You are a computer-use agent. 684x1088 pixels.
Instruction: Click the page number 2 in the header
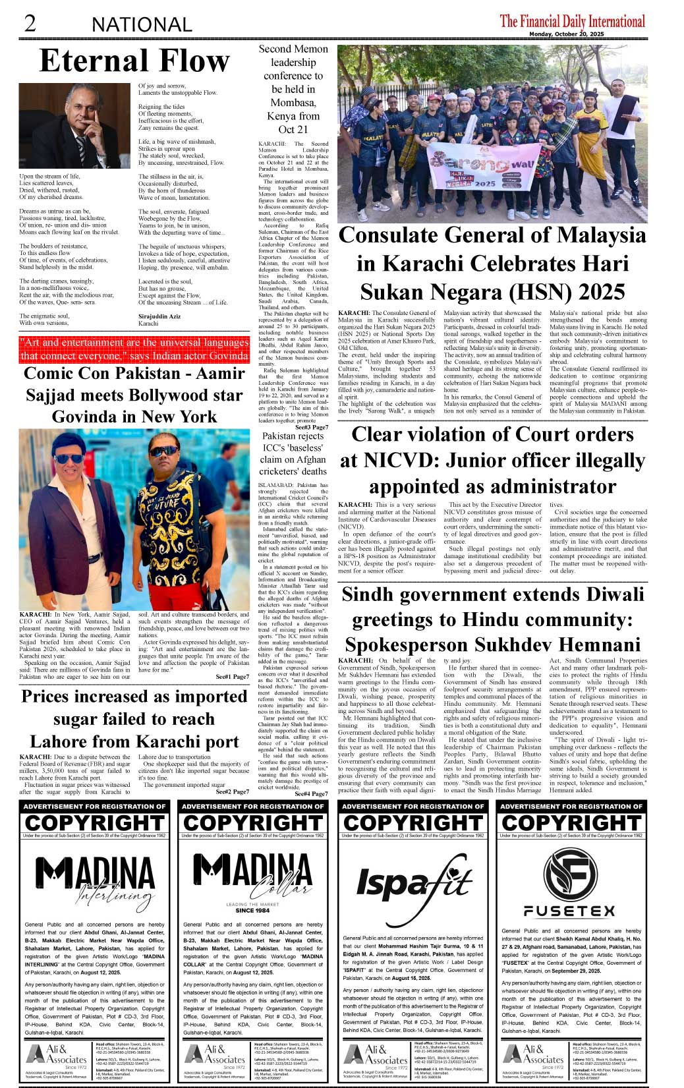click(x=30, y=23)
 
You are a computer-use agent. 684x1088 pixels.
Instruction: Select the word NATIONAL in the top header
click(x=142, y=25)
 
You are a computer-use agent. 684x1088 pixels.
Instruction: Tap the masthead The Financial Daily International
click(x=572, y=21)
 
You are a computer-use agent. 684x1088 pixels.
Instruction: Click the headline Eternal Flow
click(x=134, y=61)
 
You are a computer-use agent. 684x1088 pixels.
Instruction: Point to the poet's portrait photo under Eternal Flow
click(x=74, y=125)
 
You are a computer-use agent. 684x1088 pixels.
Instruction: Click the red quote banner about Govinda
click(x=134, y=349)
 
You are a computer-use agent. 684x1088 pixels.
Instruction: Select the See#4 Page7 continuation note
click(x=311, y=793)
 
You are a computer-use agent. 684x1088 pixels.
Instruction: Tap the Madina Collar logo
click(x=253, y=876)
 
